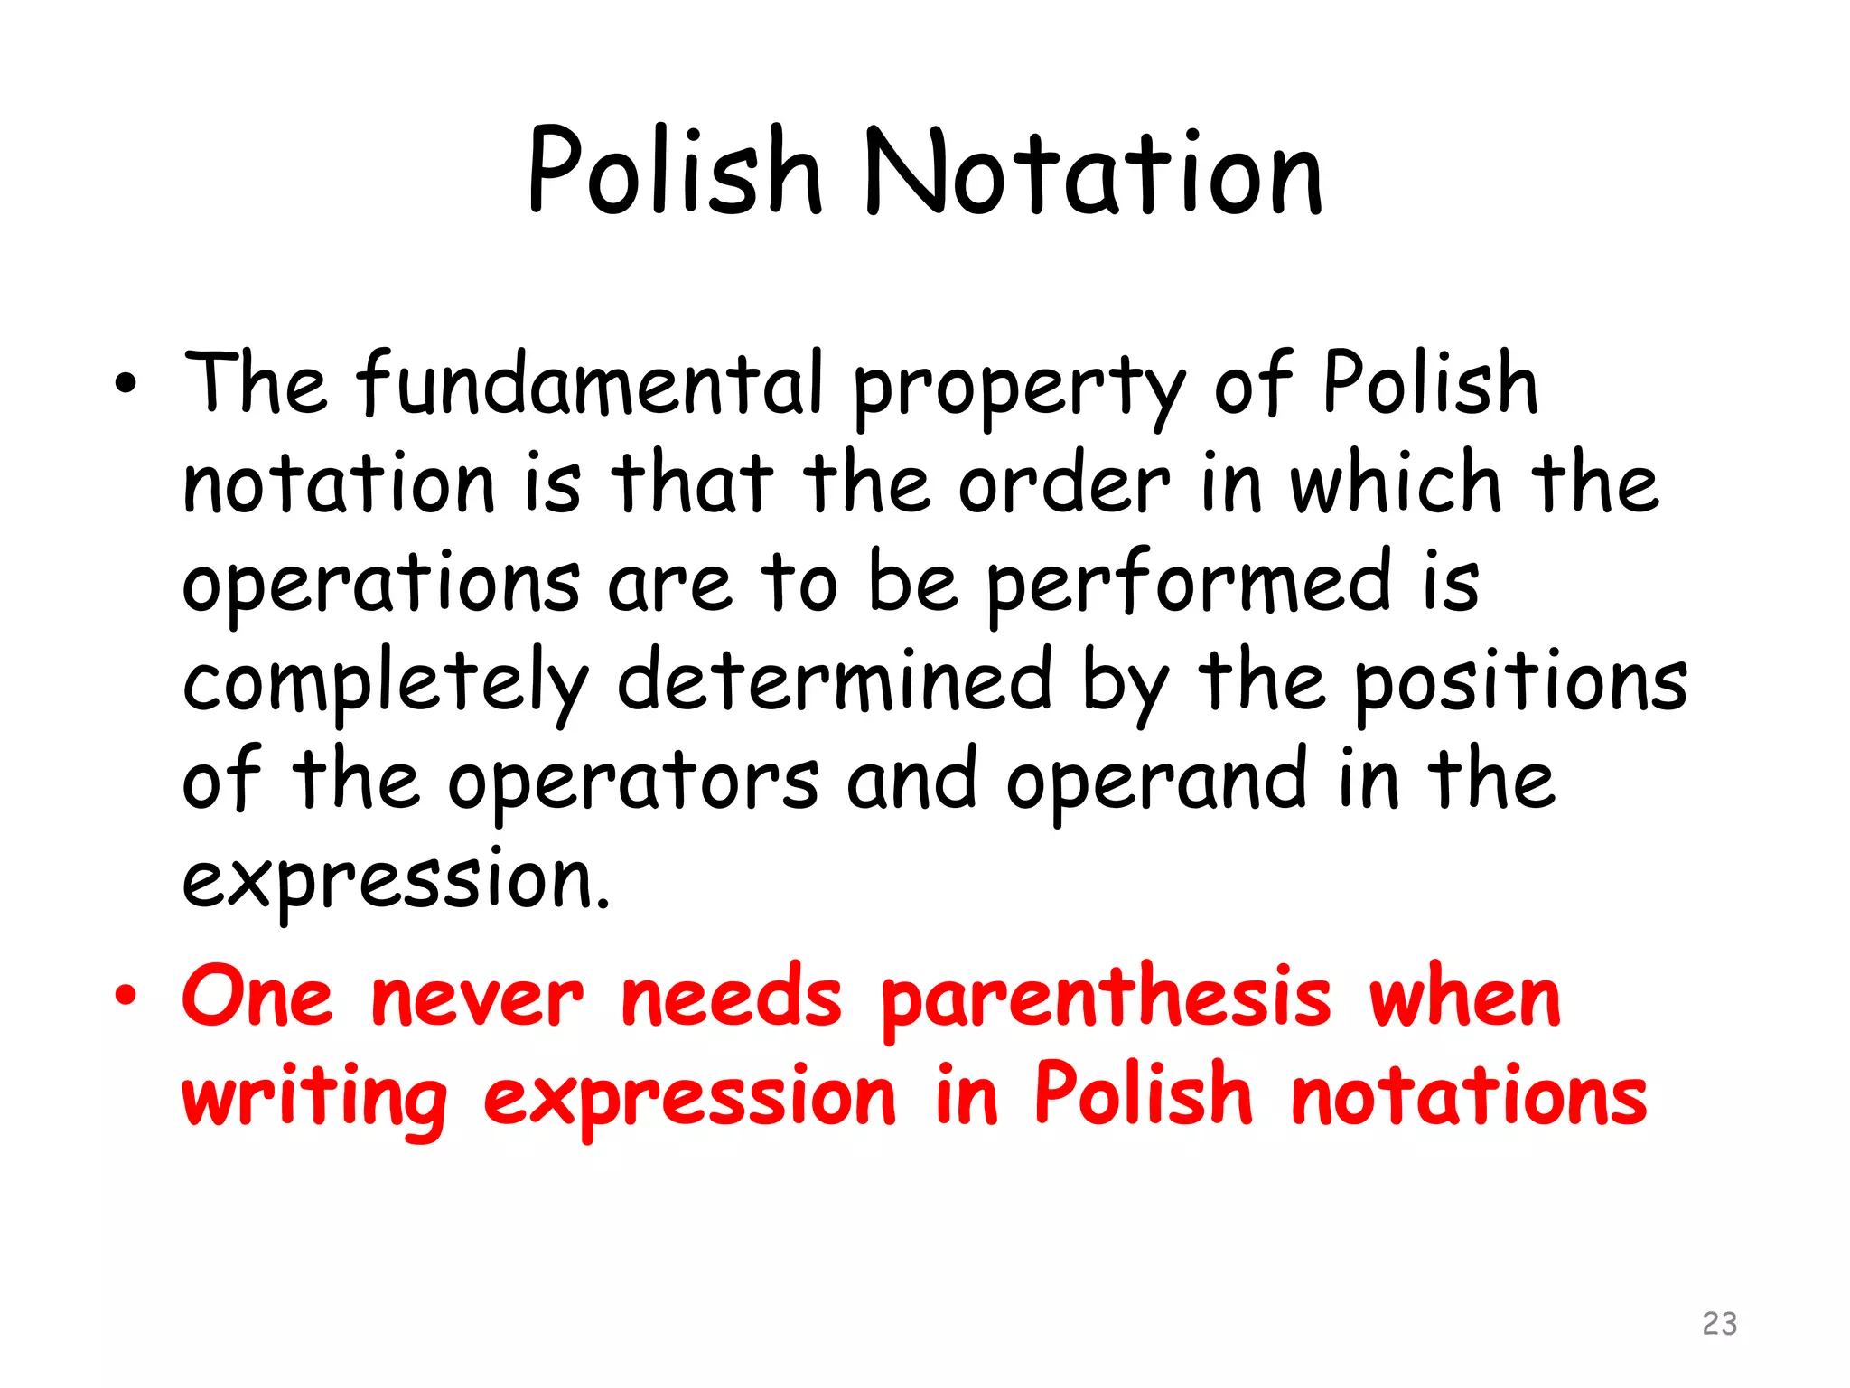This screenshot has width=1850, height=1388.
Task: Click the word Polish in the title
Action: pos(675,172)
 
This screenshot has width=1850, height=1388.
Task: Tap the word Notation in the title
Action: pos(1093,172)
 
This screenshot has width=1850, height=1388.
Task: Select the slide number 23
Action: pos(1719,1324)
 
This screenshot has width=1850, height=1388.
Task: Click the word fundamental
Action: pos(590,383)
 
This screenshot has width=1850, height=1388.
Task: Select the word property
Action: pos(1017,389)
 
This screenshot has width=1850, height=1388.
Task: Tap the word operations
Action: pos(381,583)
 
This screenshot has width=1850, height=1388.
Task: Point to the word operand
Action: pos(1156,782)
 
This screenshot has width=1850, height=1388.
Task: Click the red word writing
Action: pos(314,1098)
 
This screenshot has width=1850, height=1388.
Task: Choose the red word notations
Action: pos(1469,1095)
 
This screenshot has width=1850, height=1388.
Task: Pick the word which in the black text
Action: pos(1395,483)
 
